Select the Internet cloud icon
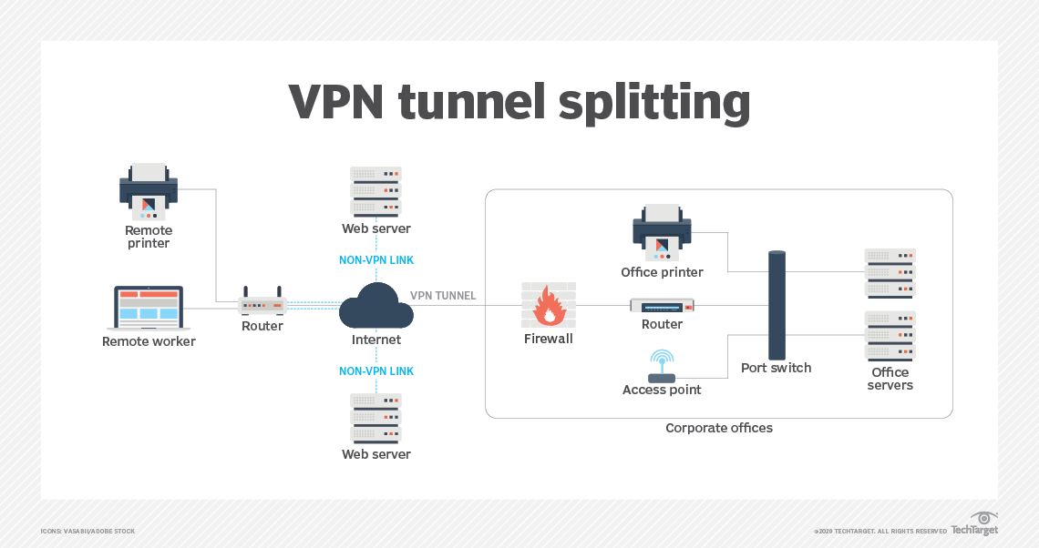(375, 306)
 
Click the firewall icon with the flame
(548, 305)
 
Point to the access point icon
(662, 367)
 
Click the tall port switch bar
(777, 304)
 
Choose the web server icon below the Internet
(375, 417)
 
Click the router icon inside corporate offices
(662, 306)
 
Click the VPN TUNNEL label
(443, 296)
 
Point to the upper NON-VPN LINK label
(375, 260)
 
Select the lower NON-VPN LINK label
(375, 371)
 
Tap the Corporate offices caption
(718, 428)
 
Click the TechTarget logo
(975, 525)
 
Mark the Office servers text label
(890, 379)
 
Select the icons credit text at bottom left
(87, 531)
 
